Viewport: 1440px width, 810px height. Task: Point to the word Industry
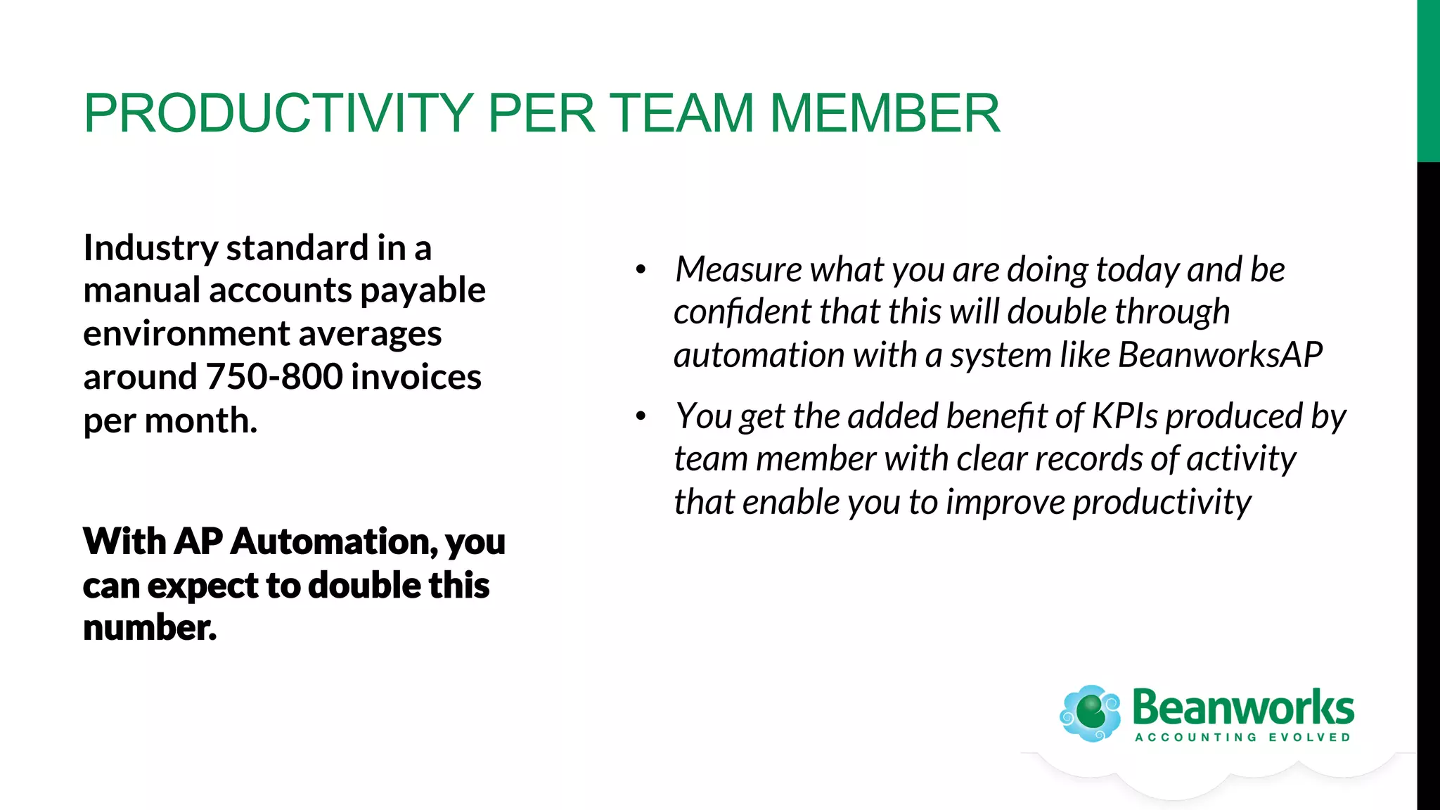tap(150, 248)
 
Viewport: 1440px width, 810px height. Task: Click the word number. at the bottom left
tap(150, 627)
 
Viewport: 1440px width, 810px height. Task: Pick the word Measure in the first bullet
tap(738, 269)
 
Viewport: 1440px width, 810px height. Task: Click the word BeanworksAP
tap(1220, 355)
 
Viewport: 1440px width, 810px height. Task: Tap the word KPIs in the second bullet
tap(1124, 416)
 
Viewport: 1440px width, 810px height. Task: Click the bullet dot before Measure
tap(641, 270)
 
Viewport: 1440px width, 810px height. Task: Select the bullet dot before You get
tap(641, 416)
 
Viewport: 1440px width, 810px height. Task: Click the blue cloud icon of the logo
tap(1090, 713)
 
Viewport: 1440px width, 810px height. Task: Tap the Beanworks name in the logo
tap(1242, 707)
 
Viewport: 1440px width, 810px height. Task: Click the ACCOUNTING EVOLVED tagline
tap(1242, 738)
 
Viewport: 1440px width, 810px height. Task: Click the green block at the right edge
tap(1428, 81)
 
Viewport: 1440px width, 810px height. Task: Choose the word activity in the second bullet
tap(1241, 459)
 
